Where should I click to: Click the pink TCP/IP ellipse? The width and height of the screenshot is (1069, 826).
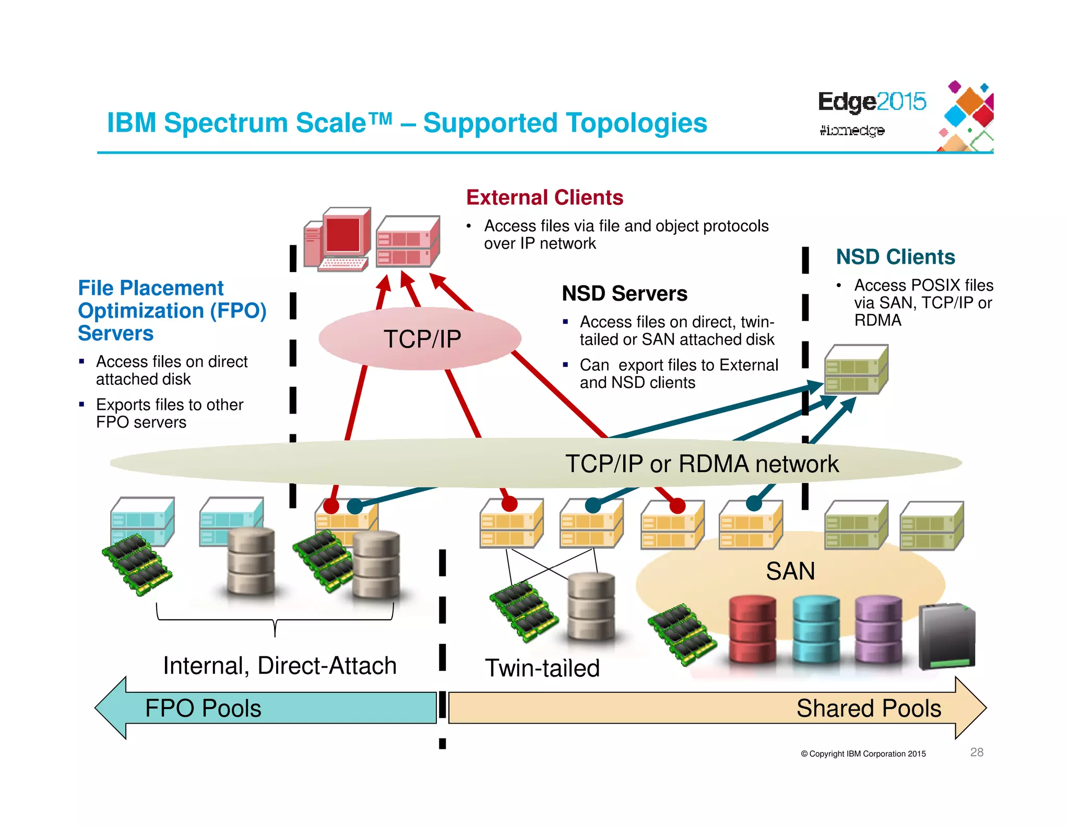click(420, 339)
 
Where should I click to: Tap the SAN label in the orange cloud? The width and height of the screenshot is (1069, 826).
click(790, 571)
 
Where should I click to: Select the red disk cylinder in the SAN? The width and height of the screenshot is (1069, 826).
click(752, 631)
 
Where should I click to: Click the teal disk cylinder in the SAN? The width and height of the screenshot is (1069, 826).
click(816, 630)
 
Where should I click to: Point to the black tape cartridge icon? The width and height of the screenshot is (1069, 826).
click(946, 636)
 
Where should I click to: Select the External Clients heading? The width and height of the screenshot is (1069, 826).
click(544, 198)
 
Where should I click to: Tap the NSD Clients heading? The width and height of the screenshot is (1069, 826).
click(895, 257)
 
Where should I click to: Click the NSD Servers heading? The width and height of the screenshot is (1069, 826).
click(624, 293)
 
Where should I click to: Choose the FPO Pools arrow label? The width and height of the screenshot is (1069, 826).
click(203, 709)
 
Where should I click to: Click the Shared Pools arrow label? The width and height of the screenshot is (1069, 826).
click(868, 709)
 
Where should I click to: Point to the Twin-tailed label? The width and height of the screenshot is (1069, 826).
click(542, 668)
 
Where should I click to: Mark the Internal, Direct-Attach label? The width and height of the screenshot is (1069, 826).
click(280, 666)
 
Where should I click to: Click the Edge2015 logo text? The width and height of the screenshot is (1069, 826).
click(872, 101)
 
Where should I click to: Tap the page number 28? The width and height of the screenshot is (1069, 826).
click(977, 752)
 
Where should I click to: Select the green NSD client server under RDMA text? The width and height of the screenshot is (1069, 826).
click(856, 369)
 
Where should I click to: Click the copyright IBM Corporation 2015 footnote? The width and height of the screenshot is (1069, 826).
click(863, 753)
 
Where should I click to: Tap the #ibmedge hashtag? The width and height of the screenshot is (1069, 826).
click(852, 130)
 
